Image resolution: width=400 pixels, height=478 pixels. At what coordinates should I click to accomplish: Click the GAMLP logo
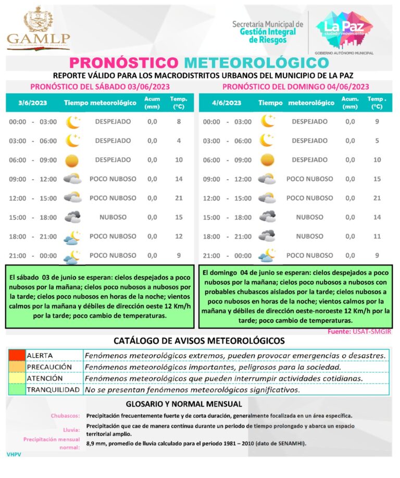38,29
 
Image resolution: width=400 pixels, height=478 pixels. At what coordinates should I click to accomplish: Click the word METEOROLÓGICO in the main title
256,62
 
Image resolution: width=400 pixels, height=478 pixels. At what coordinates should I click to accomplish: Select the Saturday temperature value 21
179,198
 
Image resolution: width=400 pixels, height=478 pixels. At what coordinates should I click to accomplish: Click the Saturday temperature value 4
179,141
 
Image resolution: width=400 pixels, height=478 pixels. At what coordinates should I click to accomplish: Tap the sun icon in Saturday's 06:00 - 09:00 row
72,160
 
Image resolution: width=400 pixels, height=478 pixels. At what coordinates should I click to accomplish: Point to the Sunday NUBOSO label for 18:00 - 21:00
309,236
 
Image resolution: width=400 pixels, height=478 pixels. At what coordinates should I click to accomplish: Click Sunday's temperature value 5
377,141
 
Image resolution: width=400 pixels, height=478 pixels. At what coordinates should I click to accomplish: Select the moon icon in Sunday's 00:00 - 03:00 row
267,121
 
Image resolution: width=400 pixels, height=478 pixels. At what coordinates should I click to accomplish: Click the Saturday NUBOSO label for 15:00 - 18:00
113,217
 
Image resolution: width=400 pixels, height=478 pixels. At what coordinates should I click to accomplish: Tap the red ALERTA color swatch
17,355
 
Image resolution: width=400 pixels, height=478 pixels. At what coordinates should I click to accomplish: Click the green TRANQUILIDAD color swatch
17,389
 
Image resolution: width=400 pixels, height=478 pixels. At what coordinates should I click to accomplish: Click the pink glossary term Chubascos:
65,416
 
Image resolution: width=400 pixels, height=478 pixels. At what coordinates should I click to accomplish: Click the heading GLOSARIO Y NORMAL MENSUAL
184,404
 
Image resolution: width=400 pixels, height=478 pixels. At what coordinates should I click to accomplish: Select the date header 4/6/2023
227,103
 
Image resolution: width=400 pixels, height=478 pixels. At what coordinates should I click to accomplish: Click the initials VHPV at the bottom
14,455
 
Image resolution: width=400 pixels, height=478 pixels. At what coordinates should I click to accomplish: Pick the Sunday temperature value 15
377,179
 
